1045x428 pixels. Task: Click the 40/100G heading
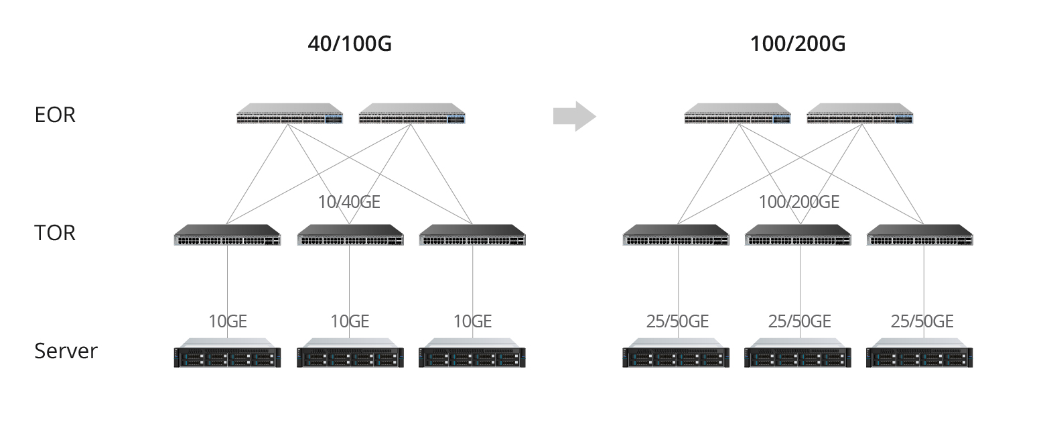click(x=349, y=44)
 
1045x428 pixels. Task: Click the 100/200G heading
click(x=797, y=44)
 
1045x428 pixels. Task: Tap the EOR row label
click(x=55, y=115)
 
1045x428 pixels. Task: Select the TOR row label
click(x=55, y=233)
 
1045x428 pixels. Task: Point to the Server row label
click(x=66, y=351)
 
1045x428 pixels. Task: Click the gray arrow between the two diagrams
click(x=574, y=116)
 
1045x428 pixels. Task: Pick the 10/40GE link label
click(x=349, y=202)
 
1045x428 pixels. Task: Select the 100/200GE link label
click(x=798, y=202)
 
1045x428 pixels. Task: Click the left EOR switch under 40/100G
click(x=289, y=115)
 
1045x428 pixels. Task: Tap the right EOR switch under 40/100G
click(x=412, y=115)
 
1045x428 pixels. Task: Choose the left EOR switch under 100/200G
click(x=738, y=115)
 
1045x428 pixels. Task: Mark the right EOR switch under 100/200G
click(x=860, y=115)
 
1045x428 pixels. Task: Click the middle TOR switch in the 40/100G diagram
click(x=350, y=235)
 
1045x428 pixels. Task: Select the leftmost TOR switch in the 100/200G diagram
click(x=676, y=235)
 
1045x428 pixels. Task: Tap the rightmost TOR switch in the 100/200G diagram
click(x=920, y=235)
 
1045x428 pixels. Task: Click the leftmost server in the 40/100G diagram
click(x=227, y=354)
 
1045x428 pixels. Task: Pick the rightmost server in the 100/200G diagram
click(x=920, y=354)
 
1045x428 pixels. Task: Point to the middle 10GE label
click(x=350, y=321)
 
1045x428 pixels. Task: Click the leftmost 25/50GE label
click(x=677, y=321)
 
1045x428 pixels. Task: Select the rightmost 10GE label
click(x=472, y=321)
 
